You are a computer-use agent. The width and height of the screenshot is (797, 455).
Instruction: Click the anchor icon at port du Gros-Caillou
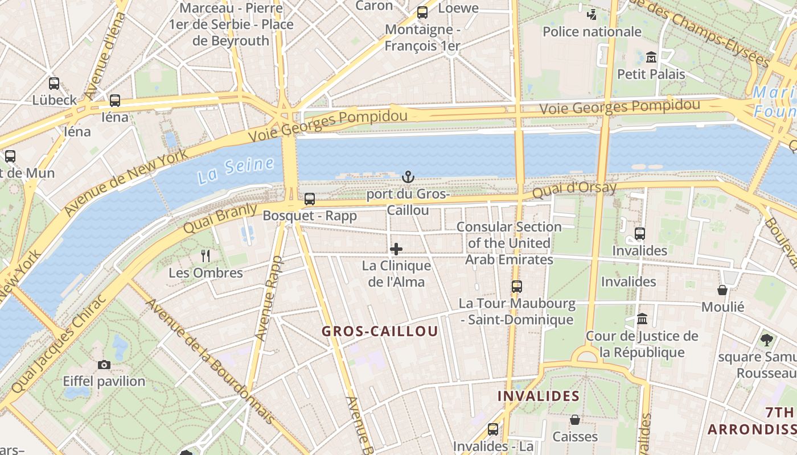click(x=408, y=177)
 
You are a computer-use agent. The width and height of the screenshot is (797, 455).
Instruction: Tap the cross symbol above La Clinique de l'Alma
click(x=396, y=249)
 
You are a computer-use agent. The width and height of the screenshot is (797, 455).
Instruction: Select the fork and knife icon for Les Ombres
click(x=206, y=256)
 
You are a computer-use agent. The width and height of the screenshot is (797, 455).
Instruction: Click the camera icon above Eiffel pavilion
click(x=104, y=365)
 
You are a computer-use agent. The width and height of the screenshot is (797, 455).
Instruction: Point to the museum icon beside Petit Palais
click(x=651, y=57)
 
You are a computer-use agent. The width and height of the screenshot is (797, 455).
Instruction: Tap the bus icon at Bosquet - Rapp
click(x=310, y=199)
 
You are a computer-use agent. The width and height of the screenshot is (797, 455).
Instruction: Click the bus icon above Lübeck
click(x=54, y=83)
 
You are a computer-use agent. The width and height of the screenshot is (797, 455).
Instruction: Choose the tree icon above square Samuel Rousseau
click(x=767, y=340)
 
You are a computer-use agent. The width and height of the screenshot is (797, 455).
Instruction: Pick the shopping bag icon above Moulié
click(x=722, y=290)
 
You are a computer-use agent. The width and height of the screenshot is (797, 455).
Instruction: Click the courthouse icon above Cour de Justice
click(x=642, y=319)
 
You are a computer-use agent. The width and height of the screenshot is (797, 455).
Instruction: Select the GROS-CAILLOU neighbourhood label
click(x=380, y=331)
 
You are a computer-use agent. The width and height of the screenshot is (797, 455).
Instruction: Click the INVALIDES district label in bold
click(x=539, y=396)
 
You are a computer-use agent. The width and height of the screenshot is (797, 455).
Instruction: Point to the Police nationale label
click(x=592, y=32)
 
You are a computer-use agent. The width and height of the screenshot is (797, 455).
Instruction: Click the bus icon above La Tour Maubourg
click(x=517, y=287)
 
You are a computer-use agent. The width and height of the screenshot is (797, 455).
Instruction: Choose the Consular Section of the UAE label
click(x=509, y=243)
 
